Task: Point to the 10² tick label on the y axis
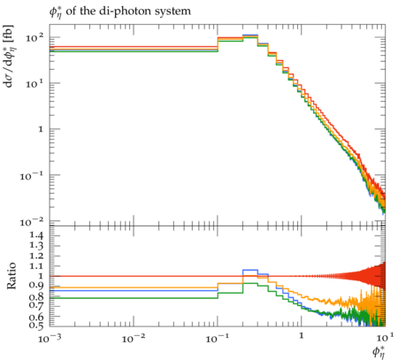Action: pyautogui.click(x=34, y=37)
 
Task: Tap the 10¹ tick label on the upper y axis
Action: pyautogui.click(x=34, y=83)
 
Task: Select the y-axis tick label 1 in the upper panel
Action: pyautogui.click(x=41, y=129)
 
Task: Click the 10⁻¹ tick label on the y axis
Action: pyautogui.click(x=32, y=176)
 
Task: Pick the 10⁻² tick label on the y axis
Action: pyautogui.click(x=32, y=222)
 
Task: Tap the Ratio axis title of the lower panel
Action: pyautogui.click(x=11, y=276)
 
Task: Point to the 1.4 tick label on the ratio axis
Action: pyautogui.click(x=36, y=235)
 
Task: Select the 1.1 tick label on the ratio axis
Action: pyautogui.click(x=36, y=266)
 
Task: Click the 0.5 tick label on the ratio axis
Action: pyautogui.click(x=36, y=325)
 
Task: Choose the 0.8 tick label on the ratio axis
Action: pyautogui.click(x=36, y=296)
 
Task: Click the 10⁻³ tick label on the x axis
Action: pyautogui.click(x=49, y=339)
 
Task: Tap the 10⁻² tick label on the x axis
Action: pyautogui.click(x=133, y=339)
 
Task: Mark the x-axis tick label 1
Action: pyautogui.click(x=302, y=336)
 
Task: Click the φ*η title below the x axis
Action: pyautogui.click(x=379, y=351)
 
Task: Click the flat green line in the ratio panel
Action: pyautogui.click(x=134, y=298)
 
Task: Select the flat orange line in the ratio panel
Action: pyautogui.click(x=134, y=287)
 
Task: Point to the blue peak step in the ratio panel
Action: pyautogui.click(x=250, y=270)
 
